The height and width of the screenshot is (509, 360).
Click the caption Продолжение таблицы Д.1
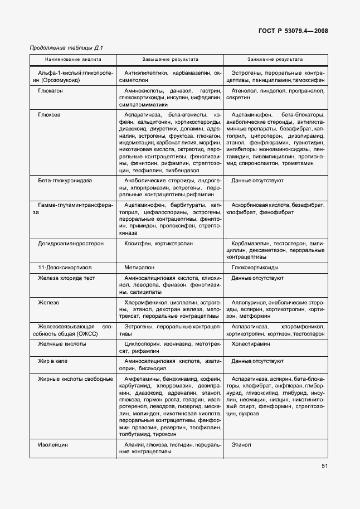click(66, 47)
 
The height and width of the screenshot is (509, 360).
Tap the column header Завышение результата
click(170, 59)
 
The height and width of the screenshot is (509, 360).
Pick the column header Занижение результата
click(275, 59)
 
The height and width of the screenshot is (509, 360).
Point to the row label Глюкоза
click(49, 114)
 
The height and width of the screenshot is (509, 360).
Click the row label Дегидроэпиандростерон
click(70, 244)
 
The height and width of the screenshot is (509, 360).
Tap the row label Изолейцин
click(53, 444)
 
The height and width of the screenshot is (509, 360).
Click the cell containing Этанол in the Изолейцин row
click(241, 444)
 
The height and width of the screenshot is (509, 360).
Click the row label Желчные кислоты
click(62, 345)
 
